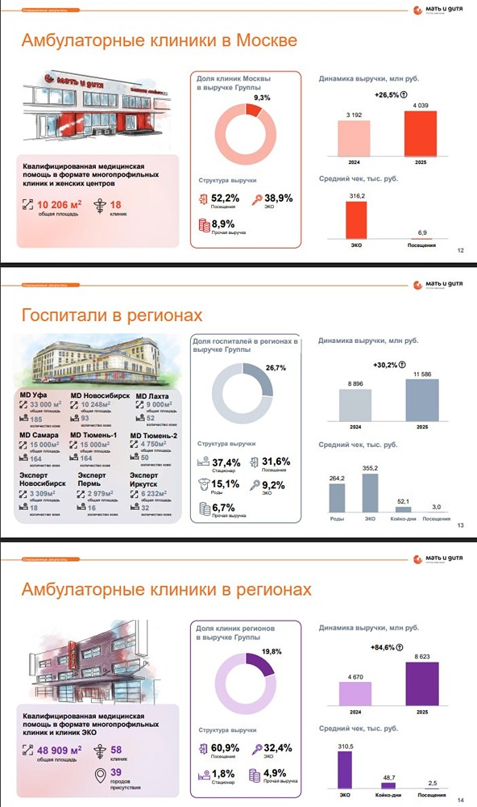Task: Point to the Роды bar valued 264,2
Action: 338,501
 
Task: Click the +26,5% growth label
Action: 387,95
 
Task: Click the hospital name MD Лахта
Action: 153,395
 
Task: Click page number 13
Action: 461,527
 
